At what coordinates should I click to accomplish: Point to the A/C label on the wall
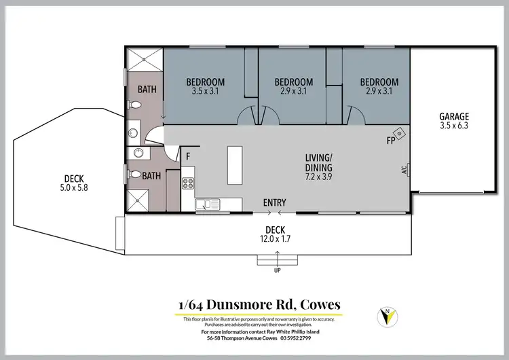404,170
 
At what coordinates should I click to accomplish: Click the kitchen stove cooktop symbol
188,183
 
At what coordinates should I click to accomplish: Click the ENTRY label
274,202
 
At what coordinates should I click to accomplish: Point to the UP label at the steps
277,271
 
